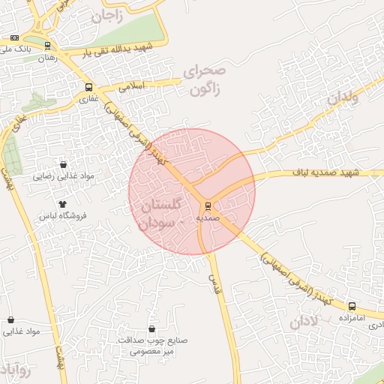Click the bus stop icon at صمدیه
(x=208, y=205)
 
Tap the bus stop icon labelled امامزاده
(x=352, y=306)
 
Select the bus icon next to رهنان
(x=47, y=46)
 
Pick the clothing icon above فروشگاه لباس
(x=62, y=203)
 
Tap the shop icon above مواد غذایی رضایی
(x=63, y=164)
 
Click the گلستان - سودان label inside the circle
(x=161, y=214)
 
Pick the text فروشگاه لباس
(x=63, y=215)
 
